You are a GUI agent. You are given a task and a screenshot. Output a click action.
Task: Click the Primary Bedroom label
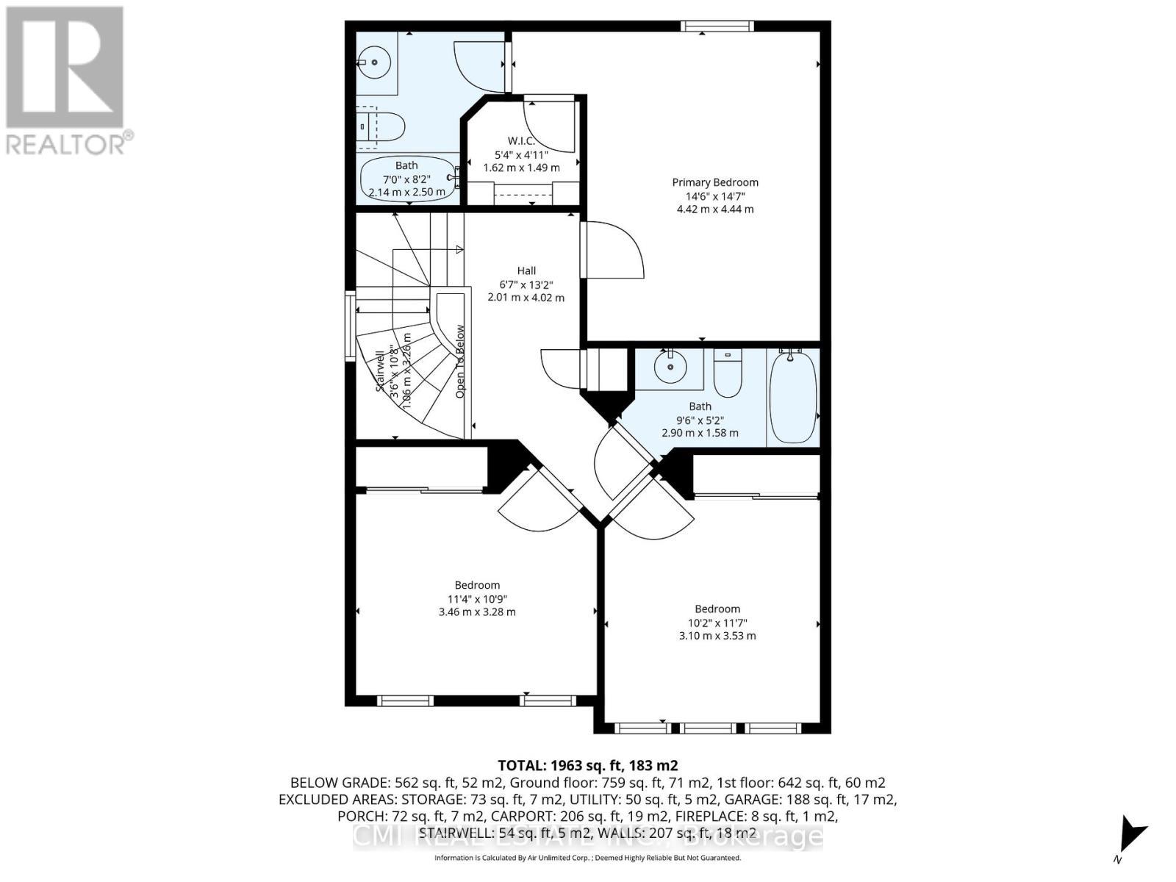[x=715, y=182]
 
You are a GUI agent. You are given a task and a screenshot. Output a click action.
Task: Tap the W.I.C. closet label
[x=521, y=141]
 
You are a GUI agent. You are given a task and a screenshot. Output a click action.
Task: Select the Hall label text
[x=526, y=270]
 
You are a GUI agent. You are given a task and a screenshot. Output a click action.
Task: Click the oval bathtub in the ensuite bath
[x=406, y=180]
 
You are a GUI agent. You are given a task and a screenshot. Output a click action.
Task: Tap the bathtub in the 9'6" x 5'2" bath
[x=793, y=397]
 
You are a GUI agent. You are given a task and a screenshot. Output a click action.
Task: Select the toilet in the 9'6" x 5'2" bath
[x=728, y=375]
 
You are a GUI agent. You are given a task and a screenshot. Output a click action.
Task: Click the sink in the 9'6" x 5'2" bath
[x=670, y=368]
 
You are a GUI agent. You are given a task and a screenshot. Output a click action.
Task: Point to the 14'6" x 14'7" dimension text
[x=715, y=196]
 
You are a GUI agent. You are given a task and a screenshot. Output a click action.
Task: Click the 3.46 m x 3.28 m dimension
[x=477, y=612]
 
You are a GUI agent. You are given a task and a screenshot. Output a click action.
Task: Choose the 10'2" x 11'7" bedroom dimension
[x=717, y=623]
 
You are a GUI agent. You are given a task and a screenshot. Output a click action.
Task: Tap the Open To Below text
[x=461, y=362]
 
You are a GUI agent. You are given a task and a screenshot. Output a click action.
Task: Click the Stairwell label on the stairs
[x=380, y=371]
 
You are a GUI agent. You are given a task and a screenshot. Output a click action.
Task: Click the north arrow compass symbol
[x=1130, y=835]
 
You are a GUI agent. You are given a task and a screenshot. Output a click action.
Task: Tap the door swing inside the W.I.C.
[x=550, y=125]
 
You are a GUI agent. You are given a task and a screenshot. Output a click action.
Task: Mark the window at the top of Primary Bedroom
[x=717, y=26]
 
